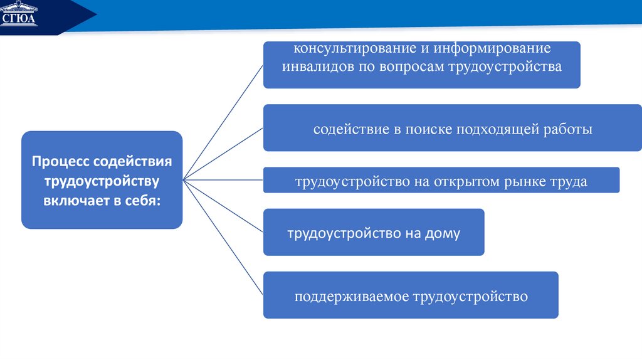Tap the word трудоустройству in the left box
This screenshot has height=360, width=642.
coord(102,181)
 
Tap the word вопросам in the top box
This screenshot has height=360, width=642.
coord(411,66)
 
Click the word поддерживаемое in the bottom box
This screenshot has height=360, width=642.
coord(351,296)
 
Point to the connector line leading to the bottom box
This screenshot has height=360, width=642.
coord(223,238)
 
